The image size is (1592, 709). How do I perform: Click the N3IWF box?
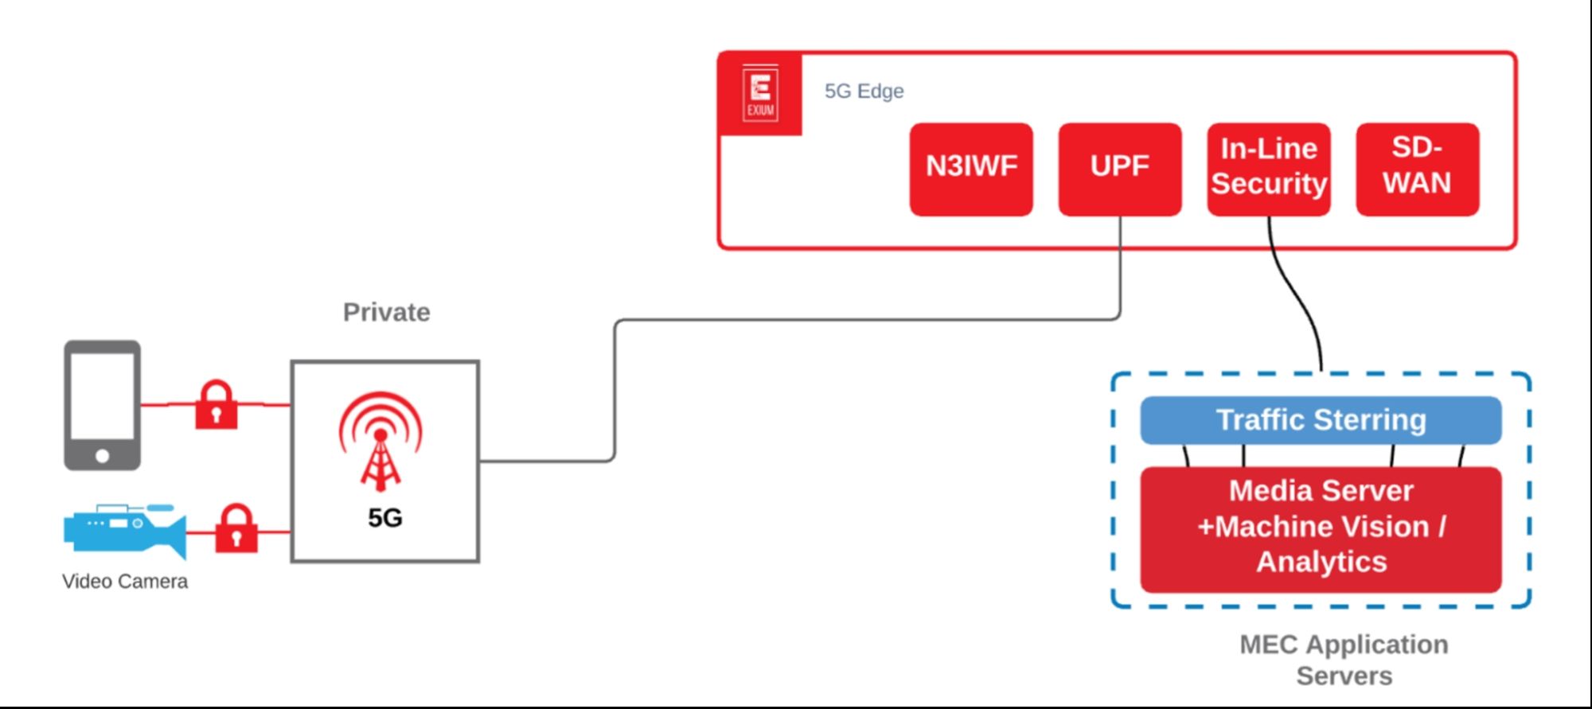point(971,169)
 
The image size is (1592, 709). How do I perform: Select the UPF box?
point(1120,169)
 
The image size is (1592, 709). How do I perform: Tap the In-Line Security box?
point(1269,169)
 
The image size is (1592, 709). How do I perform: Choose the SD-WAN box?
point(1418,169)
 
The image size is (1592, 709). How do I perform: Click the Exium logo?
point(760,94)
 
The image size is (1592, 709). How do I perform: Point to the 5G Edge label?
point(864,92)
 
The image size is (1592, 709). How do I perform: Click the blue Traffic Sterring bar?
point(1321,420)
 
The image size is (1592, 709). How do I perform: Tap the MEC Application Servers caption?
point(1344,660)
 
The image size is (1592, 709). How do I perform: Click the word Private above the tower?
point(387,312)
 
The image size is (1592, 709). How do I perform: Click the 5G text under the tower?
point(385,518)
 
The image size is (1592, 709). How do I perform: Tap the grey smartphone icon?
point(103,405)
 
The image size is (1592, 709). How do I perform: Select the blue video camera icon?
point(125,530)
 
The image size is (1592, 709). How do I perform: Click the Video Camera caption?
point(125,582)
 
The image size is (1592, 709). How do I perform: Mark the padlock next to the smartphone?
point(217,404)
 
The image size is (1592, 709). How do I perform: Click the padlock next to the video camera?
point(236,528)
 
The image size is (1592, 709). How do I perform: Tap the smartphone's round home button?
point(103,456)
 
